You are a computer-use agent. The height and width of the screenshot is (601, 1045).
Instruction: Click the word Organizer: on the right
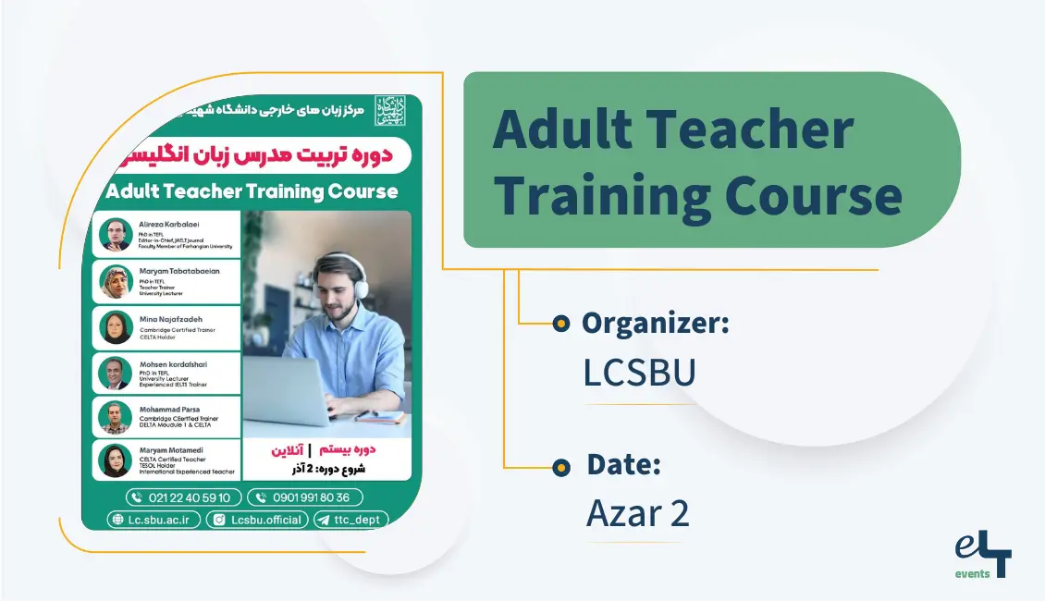pyautogui.click(x=655, y=324)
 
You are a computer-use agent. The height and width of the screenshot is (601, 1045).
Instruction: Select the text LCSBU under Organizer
pyautogui.click(x=639, y=372)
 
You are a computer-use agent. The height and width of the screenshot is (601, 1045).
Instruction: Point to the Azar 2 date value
pyautogui.click(x=637, y=514)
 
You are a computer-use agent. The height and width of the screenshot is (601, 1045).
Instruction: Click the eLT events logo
pyautogui.click(x=983, y=558)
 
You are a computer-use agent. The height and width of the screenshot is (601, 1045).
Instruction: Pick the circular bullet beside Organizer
pyautogui.click(x=560, y=324)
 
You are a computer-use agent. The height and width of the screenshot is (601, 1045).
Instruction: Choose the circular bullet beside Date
pyautogui.click(x=560, y=468)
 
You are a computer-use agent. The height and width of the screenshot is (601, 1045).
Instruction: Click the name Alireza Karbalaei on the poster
pyautogui.click(x=170, y=225)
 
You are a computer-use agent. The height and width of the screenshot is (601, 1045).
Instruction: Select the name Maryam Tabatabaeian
pyautogui.click(x=179, y=271)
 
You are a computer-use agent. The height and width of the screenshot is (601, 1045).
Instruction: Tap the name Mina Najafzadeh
pyautogui.click(x=171, y=320)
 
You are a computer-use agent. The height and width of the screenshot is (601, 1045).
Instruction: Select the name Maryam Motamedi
pyautogui.click(x=171, y=450)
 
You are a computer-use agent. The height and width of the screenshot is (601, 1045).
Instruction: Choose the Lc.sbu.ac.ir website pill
pyautogui.click(x=154, y=520)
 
